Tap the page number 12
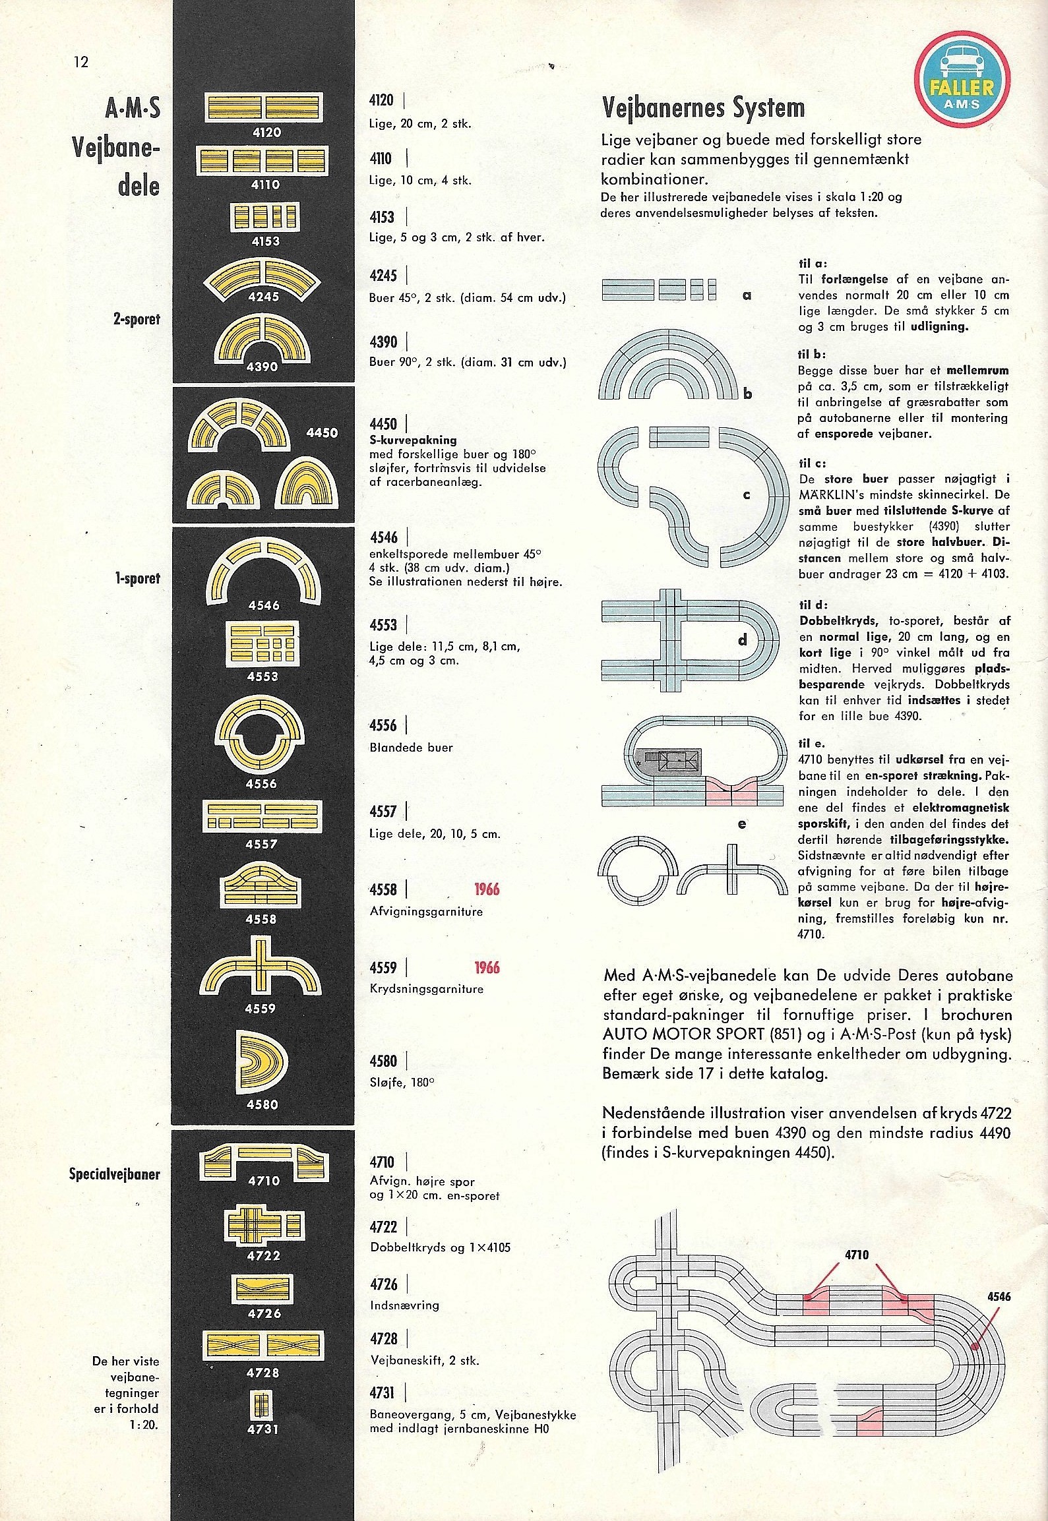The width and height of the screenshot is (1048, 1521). (x=80, y=63)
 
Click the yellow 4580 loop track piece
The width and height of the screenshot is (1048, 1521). (x=262, y=1065)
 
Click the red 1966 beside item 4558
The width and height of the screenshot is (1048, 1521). (x=487, y=889)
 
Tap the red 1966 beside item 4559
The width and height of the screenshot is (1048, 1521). (x=487, y=968)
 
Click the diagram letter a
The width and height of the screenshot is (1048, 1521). (x=747, y=295)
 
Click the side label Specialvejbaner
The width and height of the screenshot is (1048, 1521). (x=114, y=1174)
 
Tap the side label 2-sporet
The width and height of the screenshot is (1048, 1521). (x=137, y=320)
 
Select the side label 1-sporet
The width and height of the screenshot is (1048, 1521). (x=137, y=579)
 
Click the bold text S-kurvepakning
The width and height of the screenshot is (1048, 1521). (x=413, y=440)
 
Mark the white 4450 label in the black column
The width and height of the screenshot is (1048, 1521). (x=322, y=433)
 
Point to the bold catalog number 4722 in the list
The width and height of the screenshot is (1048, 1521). (x=384, y=1227)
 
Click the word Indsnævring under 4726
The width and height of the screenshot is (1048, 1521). (x=404, y=1305)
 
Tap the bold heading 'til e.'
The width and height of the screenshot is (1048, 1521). (x=811, y=744)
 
